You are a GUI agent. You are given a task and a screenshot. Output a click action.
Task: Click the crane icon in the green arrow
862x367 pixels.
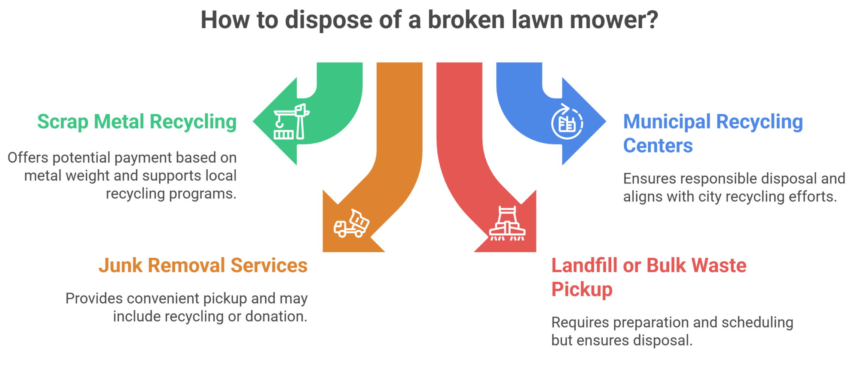click(x=291, y=122)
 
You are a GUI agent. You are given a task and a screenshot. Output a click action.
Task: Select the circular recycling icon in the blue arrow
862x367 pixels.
click(x=567, y=122)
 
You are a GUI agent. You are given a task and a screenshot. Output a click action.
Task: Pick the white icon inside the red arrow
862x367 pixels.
click(x=508, y=224)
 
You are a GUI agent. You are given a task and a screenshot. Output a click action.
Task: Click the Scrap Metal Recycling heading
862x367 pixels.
click(x=138, y=122)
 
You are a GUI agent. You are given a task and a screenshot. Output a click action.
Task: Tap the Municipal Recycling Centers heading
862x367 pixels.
click(x=711, y=134)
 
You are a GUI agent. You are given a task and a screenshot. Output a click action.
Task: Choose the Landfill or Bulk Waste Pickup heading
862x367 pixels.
click(x=647, y=277)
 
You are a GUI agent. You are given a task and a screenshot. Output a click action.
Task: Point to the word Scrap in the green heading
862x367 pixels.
click(x=60, y=122)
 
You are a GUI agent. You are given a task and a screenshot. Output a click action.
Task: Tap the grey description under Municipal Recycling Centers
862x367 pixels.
click(x=733, y=188)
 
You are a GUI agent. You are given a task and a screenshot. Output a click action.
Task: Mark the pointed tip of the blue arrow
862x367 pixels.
click(x=605, y=121)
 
